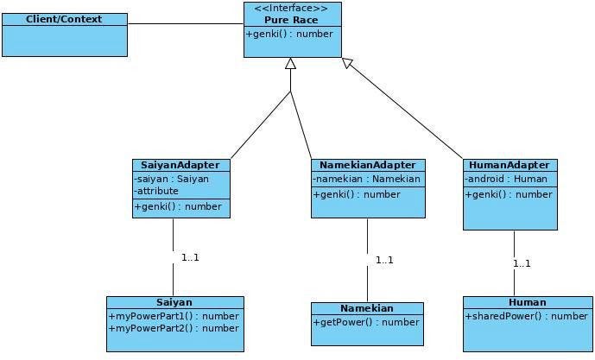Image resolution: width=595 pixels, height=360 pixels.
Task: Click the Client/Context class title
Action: [64, 19]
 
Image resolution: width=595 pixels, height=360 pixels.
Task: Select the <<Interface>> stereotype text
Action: [291, 8]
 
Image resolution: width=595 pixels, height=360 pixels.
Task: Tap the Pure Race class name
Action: [291, 19]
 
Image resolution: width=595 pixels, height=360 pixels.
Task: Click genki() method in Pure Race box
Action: [289, 35]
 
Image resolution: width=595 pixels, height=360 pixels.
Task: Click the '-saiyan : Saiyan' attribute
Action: [172, 179]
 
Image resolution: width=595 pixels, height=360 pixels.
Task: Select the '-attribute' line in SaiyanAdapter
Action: [157, 191]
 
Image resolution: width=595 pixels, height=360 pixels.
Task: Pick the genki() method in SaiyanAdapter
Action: [178, 206]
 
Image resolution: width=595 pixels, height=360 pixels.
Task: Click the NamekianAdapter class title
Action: [367, 165]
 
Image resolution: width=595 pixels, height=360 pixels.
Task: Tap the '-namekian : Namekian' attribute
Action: [367, 179]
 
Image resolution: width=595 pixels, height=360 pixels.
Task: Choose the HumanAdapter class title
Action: [509, 165]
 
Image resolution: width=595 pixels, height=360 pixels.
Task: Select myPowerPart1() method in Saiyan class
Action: [174, 316]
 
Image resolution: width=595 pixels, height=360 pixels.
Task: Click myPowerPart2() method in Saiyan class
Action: [174, 328]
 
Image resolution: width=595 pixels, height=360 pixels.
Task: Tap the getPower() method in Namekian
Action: [366, 322]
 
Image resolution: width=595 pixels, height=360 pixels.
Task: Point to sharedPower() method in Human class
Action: [527, 316]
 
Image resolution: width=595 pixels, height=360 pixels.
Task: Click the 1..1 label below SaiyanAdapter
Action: [190, 257]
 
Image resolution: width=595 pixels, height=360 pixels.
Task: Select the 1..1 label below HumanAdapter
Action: [522, 263]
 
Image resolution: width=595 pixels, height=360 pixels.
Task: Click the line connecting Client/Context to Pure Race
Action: [185, 23]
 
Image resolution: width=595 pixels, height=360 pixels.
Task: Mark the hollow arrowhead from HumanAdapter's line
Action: [347, 63]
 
